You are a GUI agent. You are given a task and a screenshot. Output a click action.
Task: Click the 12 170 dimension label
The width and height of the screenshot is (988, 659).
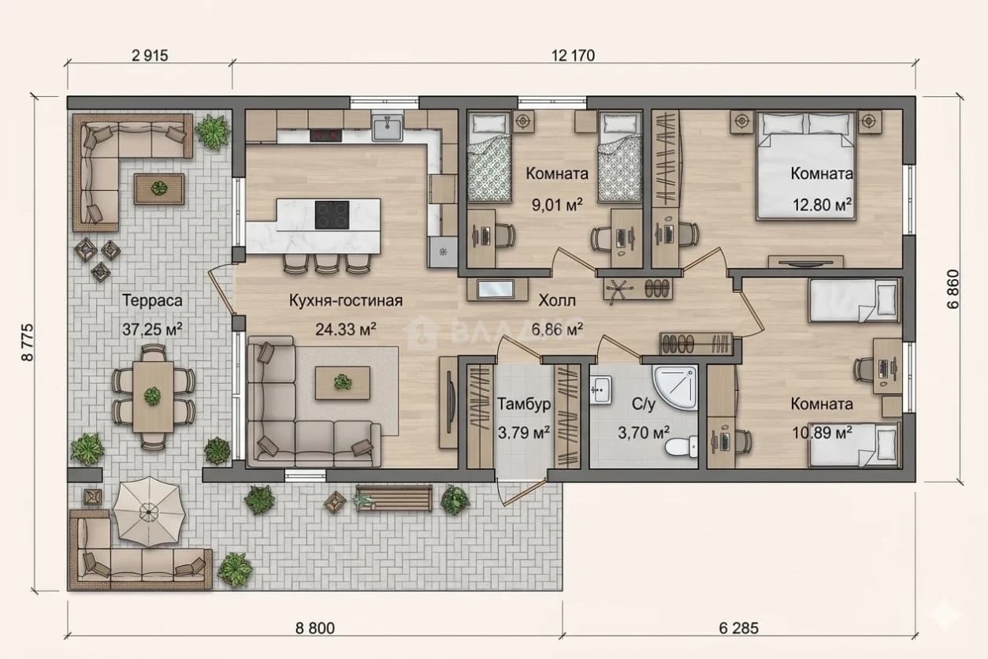pyautogui.click(x=573, y=56)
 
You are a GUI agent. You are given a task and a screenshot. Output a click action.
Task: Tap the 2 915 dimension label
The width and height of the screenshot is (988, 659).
pyautogui.click(x=150, y=56)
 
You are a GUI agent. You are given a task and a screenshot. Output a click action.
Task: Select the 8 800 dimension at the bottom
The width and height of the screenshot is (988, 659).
pyautogui.click(x=315, y=628)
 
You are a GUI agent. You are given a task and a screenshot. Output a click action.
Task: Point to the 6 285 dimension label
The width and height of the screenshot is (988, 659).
pyautogui.click(x=739, y=628)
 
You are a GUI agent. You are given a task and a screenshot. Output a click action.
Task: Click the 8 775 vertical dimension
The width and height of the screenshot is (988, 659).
pyautogui.click(x=28, y=343)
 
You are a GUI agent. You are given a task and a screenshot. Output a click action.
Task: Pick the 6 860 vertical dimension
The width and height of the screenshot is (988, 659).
pyautogui.click(x=953, y=289)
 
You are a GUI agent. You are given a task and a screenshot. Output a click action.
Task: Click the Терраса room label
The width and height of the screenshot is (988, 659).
pyautogui.click(x=152, y=300)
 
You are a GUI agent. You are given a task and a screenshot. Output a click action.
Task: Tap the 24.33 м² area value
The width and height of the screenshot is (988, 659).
pyautogui.click(x=346, y=329)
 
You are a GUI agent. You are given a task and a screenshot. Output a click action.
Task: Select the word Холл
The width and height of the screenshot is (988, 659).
pyautogui.click(x=557, y=300)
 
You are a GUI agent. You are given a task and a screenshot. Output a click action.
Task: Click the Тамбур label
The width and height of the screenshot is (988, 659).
pyautogui.click(x=524, y=404)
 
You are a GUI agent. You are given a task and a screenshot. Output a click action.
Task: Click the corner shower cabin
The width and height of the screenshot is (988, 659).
pyautogui.click(x=675, y=387)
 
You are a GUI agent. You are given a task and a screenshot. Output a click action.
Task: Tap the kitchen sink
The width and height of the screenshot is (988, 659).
pyautogui.click(x=388, y=128)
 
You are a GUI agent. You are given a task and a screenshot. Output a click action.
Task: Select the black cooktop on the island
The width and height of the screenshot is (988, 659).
pyautogui.click(x=332, y=215)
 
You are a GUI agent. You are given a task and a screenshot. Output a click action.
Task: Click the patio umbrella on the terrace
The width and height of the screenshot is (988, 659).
pyautogui.click(x=149, y=512)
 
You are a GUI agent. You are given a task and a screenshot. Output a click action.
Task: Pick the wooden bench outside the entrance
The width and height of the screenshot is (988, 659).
pyautogui.click(x=394, y=498)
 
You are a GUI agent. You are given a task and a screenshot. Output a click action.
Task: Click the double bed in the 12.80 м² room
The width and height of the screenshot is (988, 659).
pyautogui.click(x=806, y=166)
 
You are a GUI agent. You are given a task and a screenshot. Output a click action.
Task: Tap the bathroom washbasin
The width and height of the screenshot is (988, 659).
pyautogui.click(x=601, y=389)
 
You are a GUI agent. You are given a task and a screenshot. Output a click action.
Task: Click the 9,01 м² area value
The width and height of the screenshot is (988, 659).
pyautogui.click(x=557, y=205)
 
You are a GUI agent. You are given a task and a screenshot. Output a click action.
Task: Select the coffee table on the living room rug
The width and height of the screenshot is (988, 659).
pyautogui.click(x=343, y=382)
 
